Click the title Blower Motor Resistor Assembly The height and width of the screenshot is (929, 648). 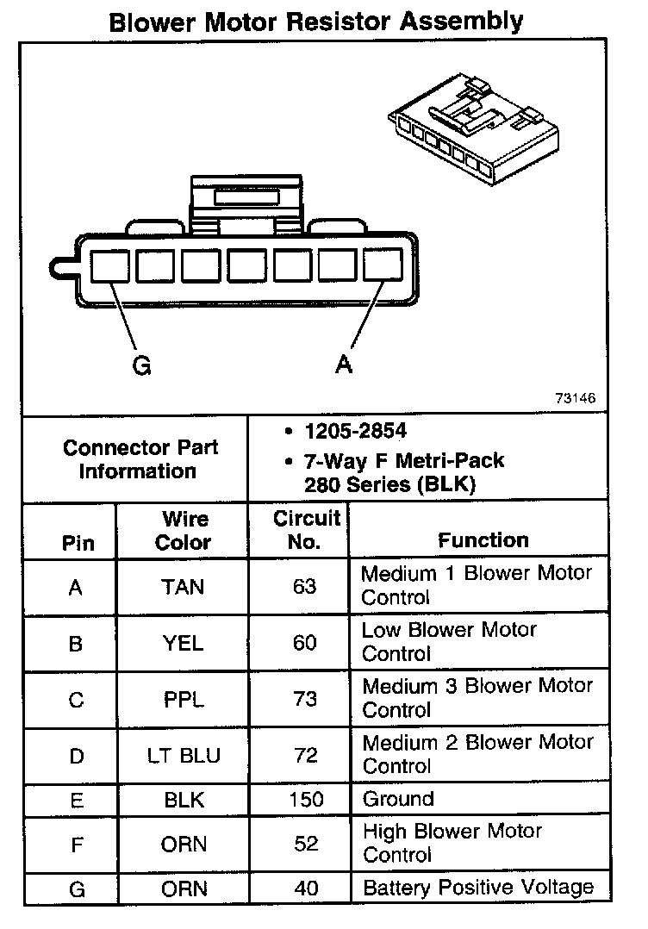tap(316, 21)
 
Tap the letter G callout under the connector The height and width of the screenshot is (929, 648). tap(141, 366)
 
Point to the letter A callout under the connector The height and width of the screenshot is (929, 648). tap(344, 365)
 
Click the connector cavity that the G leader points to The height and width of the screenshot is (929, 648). tap(109, 265)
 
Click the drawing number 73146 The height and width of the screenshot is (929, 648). tap(576, 399)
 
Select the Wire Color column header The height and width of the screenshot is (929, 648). tap(184, 531)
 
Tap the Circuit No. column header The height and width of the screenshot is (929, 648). tap(306, 530)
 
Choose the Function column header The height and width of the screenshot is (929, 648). tap(483, 540)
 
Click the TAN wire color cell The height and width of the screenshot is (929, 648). tap(183, 587)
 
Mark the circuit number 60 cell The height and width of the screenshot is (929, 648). tap(305, 643)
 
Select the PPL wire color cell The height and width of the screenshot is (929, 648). tap(184, 700)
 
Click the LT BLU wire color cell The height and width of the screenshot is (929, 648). tap(183, 756)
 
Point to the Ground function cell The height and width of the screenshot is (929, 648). tap(398, 799)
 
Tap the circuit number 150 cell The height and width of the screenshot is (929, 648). tap(306, 799)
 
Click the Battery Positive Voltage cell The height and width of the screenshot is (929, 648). tap(478, 888)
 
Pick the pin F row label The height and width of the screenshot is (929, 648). tap(77, 844)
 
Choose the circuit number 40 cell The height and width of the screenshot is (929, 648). tap(306, 888)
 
